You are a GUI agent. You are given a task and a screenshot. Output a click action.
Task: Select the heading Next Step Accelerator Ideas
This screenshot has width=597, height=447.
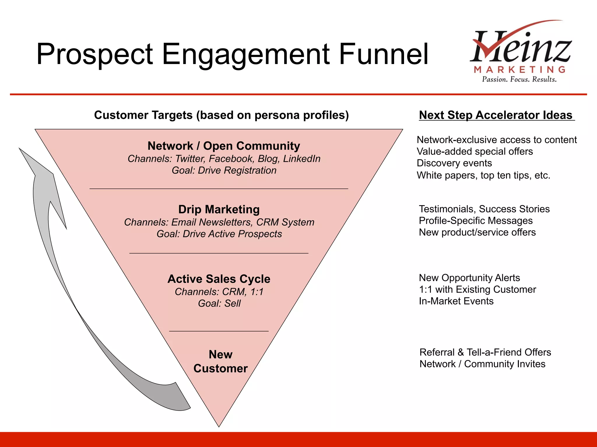click(x=496, y=115)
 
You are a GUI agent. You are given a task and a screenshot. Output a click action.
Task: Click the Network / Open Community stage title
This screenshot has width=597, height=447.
click(x=224, y=146)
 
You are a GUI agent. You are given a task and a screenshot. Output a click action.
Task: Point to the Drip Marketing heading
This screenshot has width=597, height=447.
click(x=219, y=210)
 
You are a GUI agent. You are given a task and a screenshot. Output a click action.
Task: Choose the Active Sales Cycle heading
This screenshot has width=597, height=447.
click(x=219, y=279)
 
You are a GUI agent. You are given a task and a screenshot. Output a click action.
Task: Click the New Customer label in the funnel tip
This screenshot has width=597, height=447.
click(x=220, y=361)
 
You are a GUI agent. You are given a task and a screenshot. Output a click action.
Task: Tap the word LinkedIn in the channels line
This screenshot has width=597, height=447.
click(x=302, y=159)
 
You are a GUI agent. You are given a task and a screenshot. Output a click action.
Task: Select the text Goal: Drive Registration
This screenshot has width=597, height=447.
click(x=224, y=171)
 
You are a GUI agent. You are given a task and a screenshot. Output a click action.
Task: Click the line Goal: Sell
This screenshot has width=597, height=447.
click(x=219, y=304)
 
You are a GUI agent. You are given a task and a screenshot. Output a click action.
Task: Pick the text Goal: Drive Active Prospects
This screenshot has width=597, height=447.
click(x=219, y=234)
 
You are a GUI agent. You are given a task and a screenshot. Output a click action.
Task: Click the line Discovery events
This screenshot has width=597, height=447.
click(x=454, y=163)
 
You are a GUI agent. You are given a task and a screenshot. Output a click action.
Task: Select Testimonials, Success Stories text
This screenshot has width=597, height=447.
click(x=484, y=209)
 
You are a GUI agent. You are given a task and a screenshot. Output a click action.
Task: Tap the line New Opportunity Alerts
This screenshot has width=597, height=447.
click(x=469, y=278)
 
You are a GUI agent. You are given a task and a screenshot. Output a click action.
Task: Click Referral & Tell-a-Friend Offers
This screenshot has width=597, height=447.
click(x=485, y=352)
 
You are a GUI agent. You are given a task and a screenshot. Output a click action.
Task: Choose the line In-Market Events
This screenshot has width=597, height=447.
click(x=456, y=301)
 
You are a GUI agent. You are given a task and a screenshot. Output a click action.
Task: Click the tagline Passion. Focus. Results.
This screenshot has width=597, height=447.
click(x=519, y=79)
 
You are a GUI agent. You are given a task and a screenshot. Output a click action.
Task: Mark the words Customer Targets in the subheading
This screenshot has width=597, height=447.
click(x=143, y=115)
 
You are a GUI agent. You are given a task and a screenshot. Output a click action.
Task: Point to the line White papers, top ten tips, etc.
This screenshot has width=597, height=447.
click(x=483, y=175)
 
